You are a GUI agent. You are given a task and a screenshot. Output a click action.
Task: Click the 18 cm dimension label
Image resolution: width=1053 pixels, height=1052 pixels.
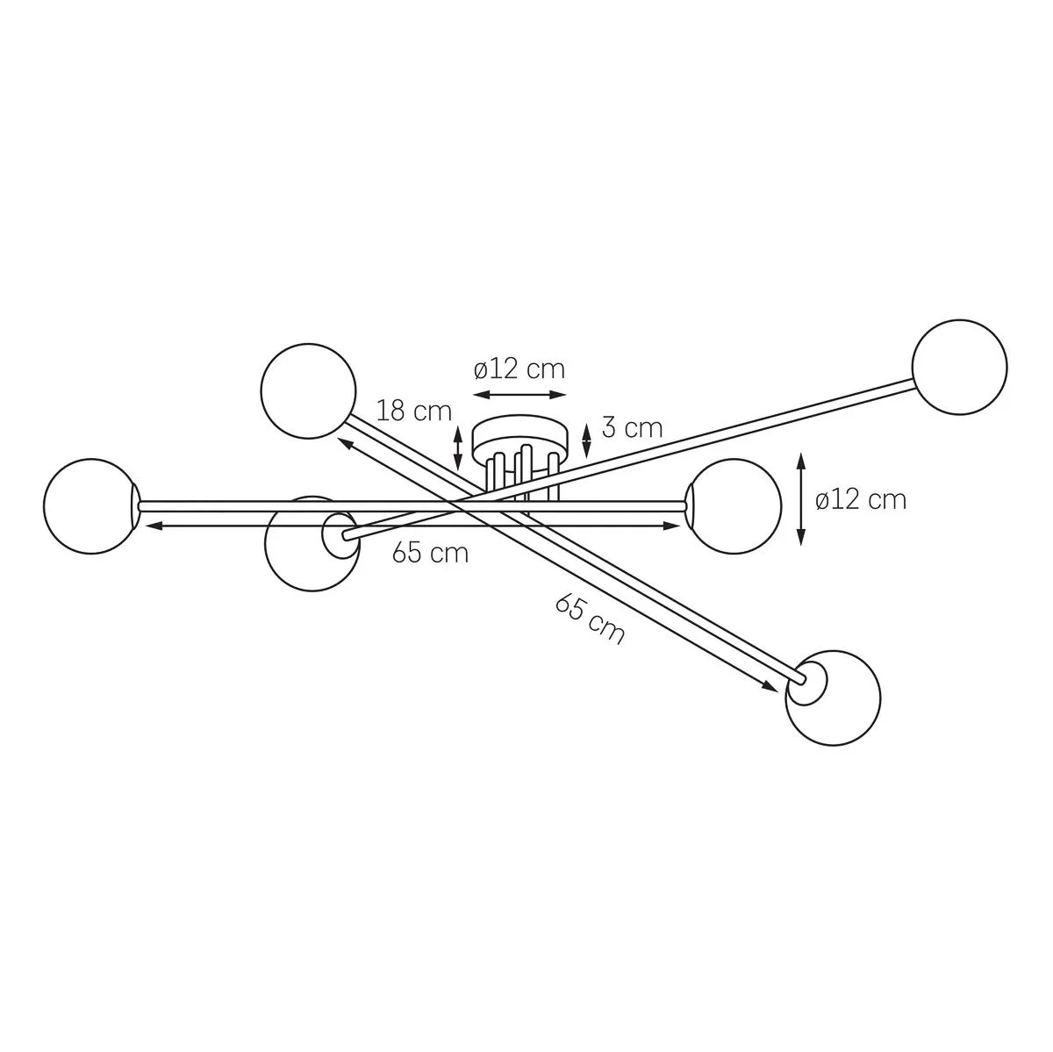point(414,411)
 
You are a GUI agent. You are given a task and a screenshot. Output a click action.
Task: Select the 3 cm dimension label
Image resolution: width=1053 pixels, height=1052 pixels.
point(632,427)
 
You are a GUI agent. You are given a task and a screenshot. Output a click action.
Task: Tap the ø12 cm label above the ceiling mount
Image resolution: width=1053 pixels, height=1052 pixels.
point(519,369)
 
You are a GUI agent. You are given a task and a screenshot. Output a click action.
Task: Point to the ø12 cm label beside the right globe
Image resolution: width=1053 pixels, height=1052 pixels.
point(861,499)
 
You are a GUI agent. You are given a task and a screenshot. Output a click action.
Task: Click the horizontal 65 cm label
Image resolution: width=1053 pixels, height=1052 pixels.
point(431,553)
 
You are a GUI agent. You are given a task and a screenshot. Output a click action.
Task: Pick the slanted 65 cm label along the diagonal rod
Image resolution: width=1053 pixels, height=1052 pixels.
point(589,619)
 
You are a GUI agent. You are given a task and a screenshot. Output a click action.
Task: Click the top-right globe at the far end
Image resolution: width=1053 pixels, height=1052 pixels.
point(960,368)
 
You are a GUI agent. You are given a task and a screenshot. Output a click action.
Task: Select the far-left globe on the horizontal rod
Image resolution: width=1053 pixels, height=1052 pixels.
point(90,506)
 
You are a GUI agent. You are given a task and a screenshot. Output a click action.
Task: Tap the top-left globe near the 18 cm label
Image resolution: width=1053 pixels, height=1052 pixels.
point(309,390)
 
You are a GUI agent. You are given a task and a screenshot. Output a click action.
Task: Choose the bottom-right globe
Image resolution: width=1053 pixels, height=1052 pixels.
point(834,698)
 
